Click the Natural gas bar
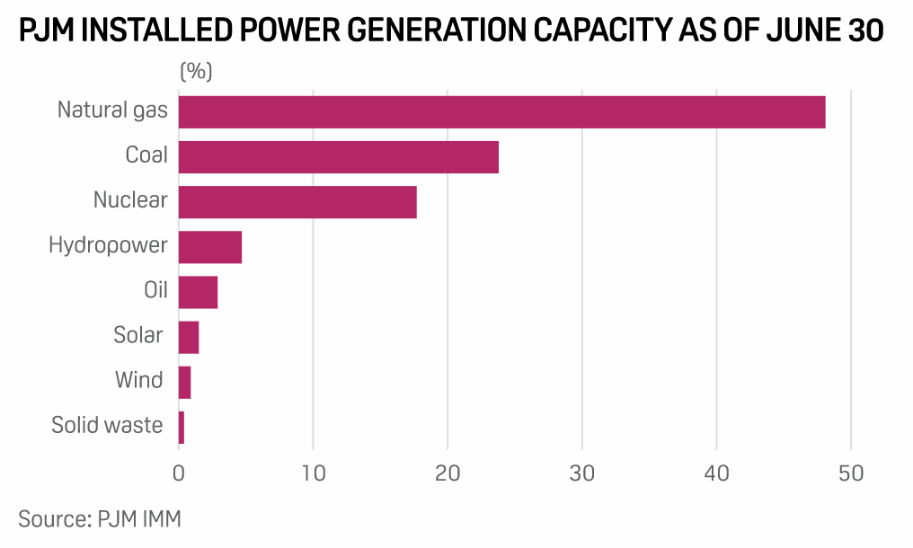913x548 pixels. point(501,111)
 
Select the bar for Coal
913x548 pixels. point(338,156)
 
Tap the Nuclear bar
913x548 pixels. point(297,201)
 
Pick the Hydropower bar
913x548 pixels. point(210,246)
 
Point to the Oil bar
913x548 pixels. point(198,292)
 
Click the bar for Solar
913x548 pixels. point(189,337)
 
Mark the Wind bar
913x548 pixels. point(184,382)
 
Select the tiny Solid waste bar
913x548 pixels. point(182,427)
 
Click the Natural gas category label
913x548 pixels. point(112,110)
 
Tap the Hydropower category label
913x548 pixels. point(108,244)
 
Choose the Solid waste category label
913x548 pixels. point(108,425)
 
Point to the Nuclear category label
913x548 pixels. point(130,199)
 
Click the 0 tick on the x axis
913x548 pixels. point(179,473)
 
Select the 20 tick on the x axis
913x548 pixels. point(448,473)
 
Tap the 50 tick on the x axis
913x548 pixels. point(850,473)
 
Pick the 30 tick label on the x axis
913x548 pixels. point(582,473)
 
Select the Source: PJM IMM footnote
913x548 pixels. point(99,518)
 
